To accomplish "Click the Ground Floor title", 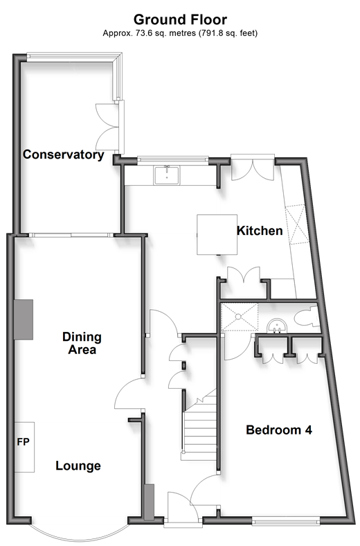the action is pos(180,19).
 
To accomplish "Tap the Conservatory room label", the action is pos(63,155).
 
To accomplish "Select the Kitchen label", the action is pos(260,231).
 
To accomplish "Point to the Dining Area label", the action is pos(82,343).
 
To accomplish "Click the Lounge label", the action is pos(78,466).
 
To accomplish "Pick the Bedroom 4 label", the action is pos(279,430).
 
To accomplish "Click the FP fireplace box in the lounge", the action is pos(24,447).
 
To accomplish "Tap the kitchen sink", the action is pos(167,175).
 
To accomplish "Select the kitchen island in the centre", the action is pos(217,235).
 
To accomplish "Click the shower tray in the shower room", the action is pos(240,317).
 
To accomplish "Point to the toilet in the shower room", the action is pos(307,316).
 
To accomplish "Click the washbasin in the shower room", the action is pos(277,326).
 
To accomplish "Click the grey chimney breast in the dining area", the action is pos(24,319).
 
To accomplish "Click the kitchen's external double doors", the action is pos(253,168).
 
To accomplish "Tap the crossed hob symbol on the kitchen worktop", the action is pos(296,224).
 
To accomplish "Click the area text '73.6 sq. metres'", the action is pos(163,33).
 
